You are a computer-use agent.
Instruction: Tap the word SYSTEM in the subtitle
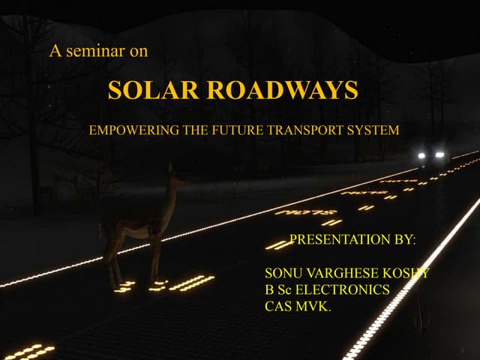373,130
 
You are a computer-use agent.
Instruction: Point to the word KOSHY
405,273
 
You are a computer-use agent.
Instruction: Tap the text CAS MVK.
298,306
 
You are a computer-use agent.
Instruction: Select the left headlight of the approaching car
422,155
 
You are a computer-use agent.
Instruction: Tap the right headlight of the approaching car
439,154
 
